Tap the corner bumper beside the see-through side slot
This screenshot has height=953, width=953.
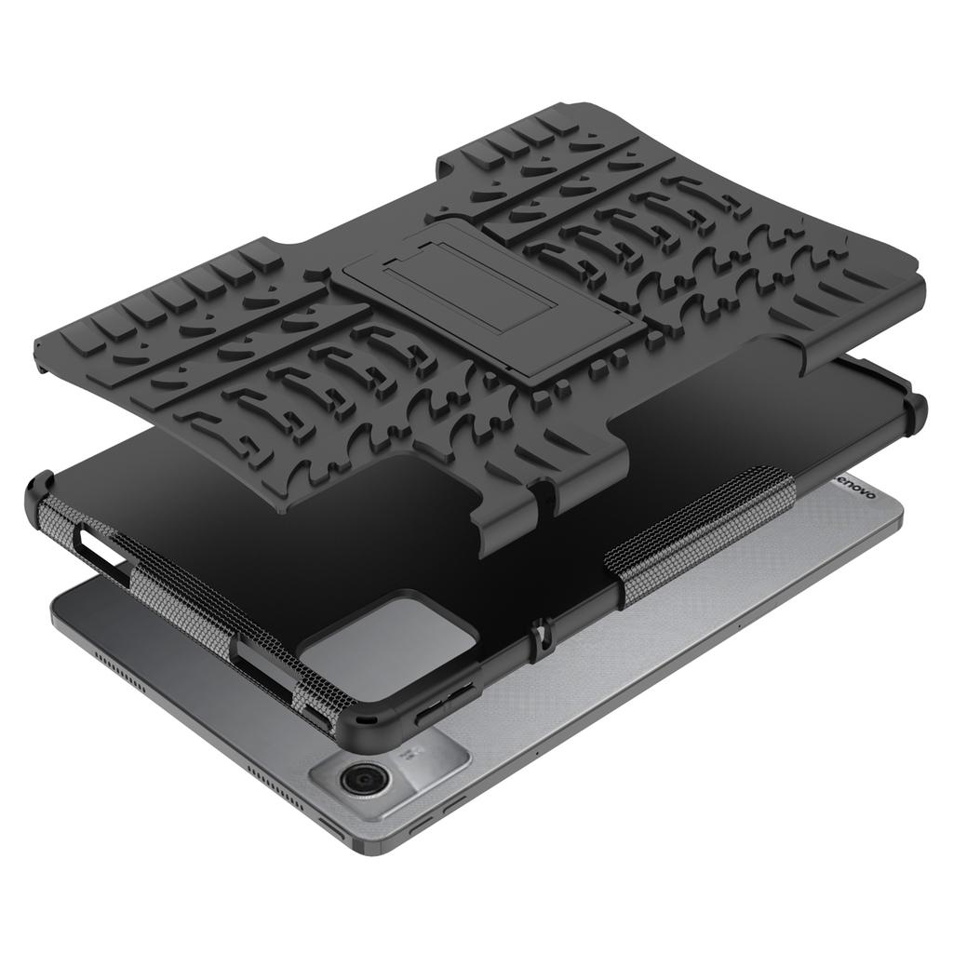point(43,493)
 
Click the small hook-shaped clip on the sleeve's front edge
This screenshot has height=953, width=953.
point(539,633)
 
